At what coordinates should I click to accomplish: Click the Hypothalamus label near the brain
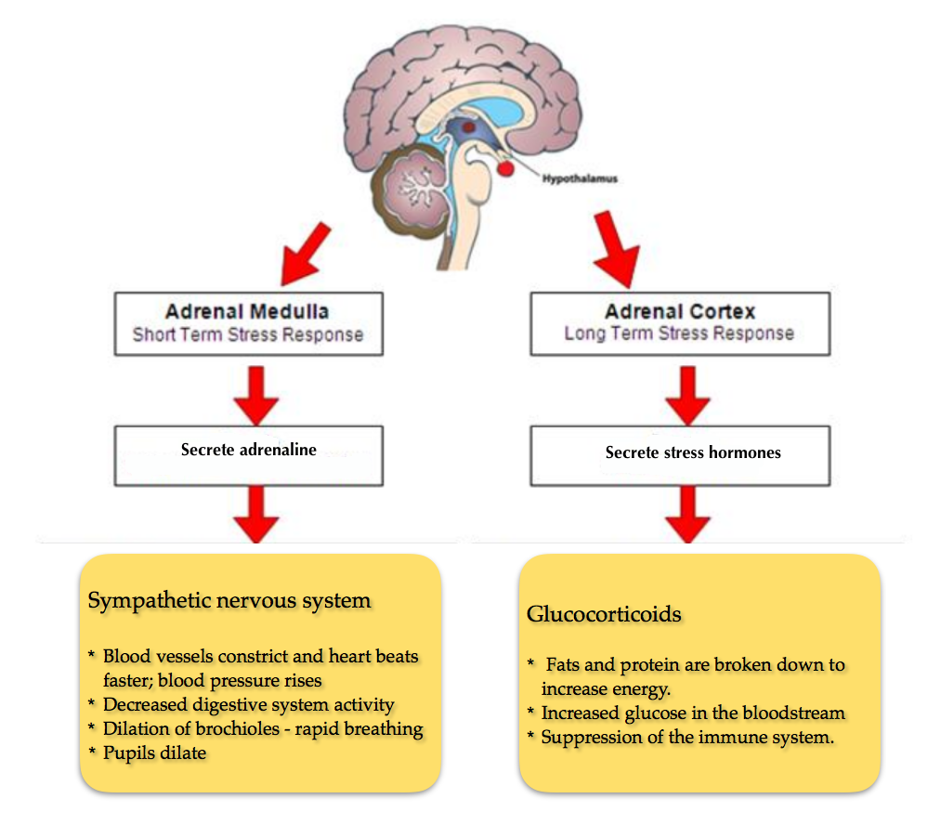(581, 178)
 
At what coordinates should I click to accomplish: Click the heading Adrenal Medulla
(247, 312)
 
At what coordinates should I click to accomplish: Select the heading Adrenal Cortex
(680, 312)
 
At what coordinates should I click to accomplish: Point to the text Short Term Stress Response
(247, 334)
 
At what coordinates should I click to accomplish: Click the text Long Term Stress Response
(680, 334)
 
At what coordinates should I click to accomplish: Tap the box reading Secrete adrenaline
(248, 451)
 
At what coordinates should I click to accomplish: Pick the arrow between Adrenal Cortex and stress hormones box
(688, 394)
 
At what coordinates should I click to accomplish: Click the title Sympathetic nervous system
(229, 600)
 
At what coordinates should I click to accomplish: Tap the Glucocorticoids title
(604, 614)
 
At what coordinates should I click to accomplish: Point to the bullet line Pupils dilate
(155, 753)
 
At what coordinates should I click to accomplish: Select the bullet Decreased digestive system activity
(248, 705)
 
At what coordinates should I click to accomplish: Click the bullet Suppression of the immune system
(688, 738)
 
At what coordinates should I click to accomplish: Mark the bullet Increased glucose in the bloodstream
(693, 714)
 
